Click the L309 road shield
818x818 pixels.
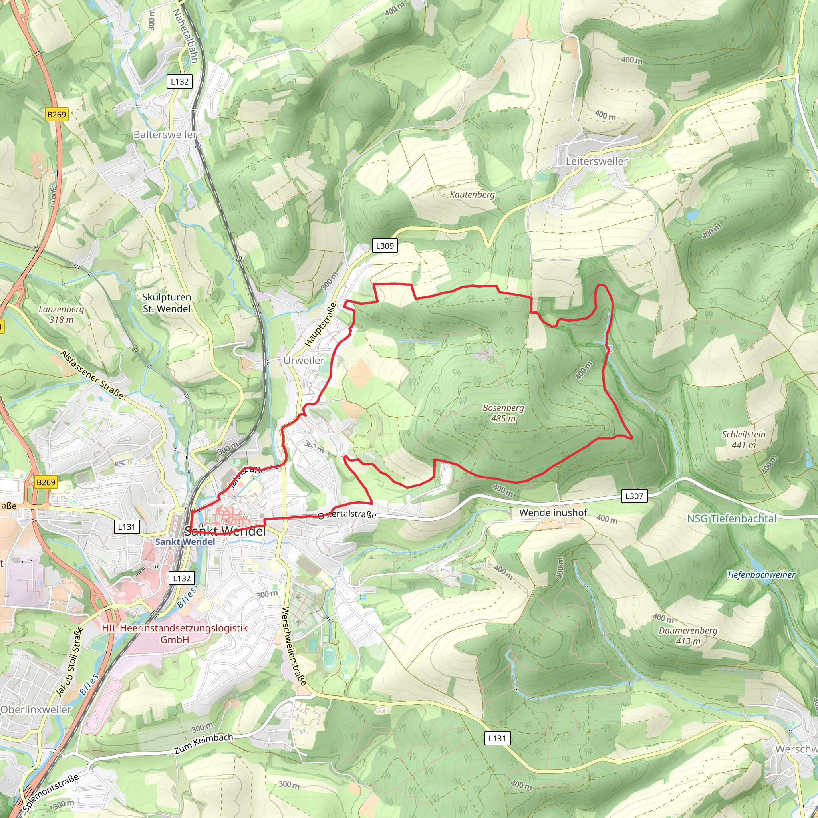385,246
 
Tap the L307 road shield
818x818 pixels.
634,496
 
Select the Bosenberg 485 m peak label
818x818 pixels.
503,413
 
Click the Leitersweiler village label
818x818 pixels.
597,161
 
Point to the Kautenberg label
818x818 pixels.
472,195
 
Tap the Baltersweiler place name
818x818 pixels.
165,135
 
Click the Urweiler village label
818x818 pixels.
304,360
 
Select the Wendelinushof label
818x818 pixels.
553,513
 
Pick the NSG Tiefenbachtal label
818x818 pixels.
732,519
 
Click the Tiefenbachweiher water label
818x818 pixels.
761,574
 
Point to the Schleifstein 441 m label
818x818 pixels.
744,439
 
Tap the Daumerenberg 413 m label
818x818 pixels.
688,635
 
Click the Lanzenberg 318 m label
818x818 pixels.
62,314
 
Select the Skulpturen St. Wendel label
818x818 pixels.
167,303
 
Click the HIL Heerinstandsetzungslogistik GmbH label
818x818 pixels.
175,634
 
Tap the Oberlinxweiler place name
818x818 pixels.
36,709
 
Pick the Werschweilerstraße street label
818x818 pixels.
294,647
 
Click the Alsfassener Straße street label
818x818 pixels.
92,375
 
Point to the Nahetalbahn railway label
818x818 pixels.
185,36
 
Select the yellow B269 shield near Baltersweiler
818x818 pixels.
56,114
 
